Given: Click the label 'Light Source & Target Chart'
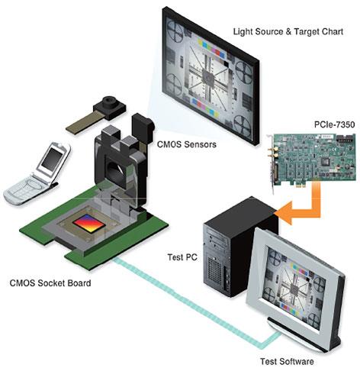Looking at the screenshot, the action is (288, 32).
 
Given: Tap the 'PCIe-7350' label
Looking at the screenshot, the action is (334, 124).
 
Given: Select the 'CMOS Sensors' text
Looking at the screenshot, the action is (187, 144).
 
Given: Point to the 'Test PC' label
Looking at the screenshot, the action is (182, 257).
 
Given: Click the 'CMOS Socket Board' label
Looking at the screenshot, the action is (50, 283).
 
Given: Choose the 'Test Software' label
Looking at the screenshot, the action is (287, 361).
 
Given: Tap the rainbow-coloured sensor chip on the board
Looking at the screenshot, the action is (88, 223).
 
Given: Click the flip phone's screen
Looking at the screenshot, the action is (52, 159).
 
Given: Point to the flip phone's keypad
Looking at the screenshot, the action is (24, 189).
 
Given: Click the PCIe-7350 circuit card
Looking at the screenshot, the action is (311, 159).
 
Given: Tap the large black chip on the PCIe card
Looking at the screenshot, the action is (325, 161).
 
